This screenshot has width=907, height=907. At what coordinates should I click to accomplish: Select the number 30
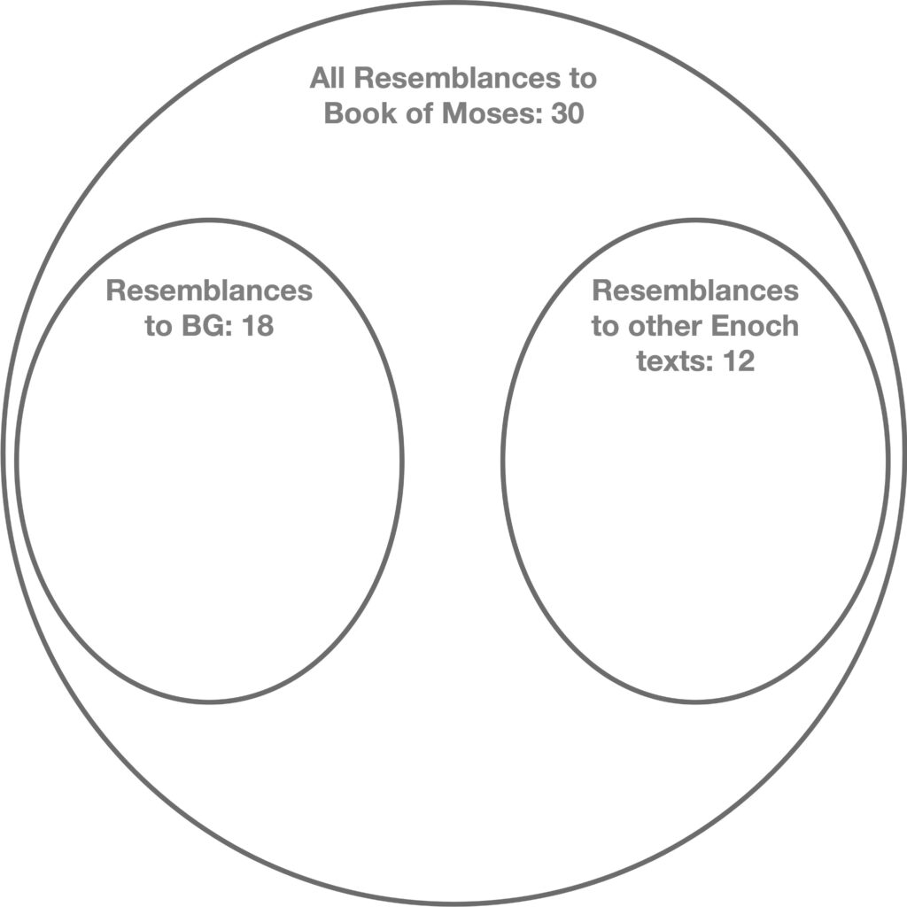565,114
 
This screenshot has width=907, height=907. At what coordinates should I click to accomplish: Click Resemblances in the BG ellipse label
209,291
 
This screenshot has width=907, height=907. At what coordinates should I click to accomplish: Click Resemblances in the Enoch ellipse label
695,291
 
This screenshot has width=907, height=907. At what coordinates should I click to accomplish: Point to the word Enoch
754,327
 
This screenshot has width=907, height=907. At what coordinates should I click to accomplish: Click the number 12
737,362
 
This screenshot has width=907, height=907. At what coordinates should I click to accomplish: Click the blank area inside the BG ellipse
209,514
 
